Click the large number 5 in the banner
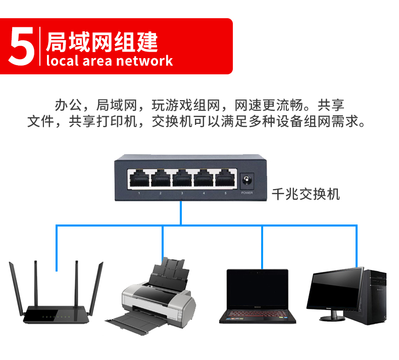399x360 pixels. tap(21, 47)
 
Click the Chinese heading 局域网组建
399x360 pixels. tap(102, 41)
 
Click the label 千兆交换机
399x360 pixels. tap(306, 193)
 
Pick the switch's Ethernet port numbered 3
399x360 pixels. tap(182, 177)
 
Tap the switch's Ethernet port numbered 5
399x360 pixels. tap(225, 177)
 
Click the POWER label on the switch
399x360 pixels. tap(247, 193)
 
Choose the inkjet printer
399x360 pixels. tap(157, 298)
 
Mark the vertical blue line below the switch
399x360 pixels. tap(180, 212)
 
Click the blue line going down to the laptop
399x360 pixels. tap(262, 248)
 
